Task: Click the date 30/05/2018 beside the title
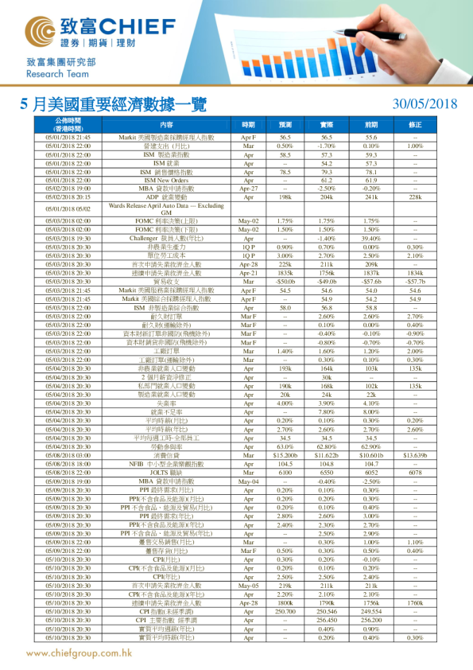pos(425,104)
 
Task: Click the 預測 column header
pos(285,125)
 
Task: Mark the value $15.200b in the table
pos(285,455)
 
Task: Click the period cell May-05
pos(248,585)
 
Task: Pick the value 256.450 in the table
pos(327,618)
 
